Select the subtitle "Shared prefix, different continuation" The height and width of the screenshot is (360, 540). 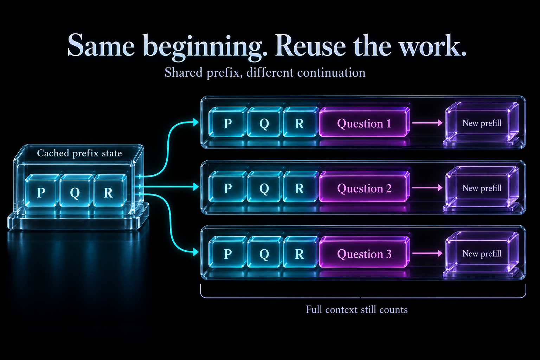tap(265, 72)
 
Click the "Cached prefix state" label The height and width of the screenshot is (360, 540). tap(79, 153)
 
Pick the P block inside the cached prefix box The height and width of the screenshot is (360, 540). tap(42, 191)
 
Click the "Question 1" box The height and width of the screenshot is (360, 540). tap(364, 122)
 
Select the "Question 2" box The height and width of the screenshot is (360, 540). tap(364, 187)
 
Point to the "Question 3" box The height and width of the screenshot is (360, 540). tap(364, 252)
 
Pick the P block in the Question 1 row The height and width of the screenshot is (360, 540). tap(228, 122)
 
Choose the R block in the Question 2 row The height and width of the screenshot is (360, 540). tap(300, 187)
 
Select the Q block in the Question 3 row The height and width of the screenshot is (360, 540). tap(265, 252)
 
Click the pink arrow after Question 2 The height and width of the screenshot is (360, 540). tap(427, 187)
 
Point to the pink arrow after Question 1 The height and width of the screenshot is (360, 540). tap(427, 123)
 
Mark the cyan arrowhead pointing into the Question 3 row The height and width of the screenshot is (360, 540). tap(196, 252)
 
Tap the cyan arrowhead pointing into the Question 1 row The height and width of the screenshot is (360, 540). tap(196, 122)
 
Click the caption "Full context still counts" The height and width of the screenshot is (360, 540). tap(357, 310)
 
